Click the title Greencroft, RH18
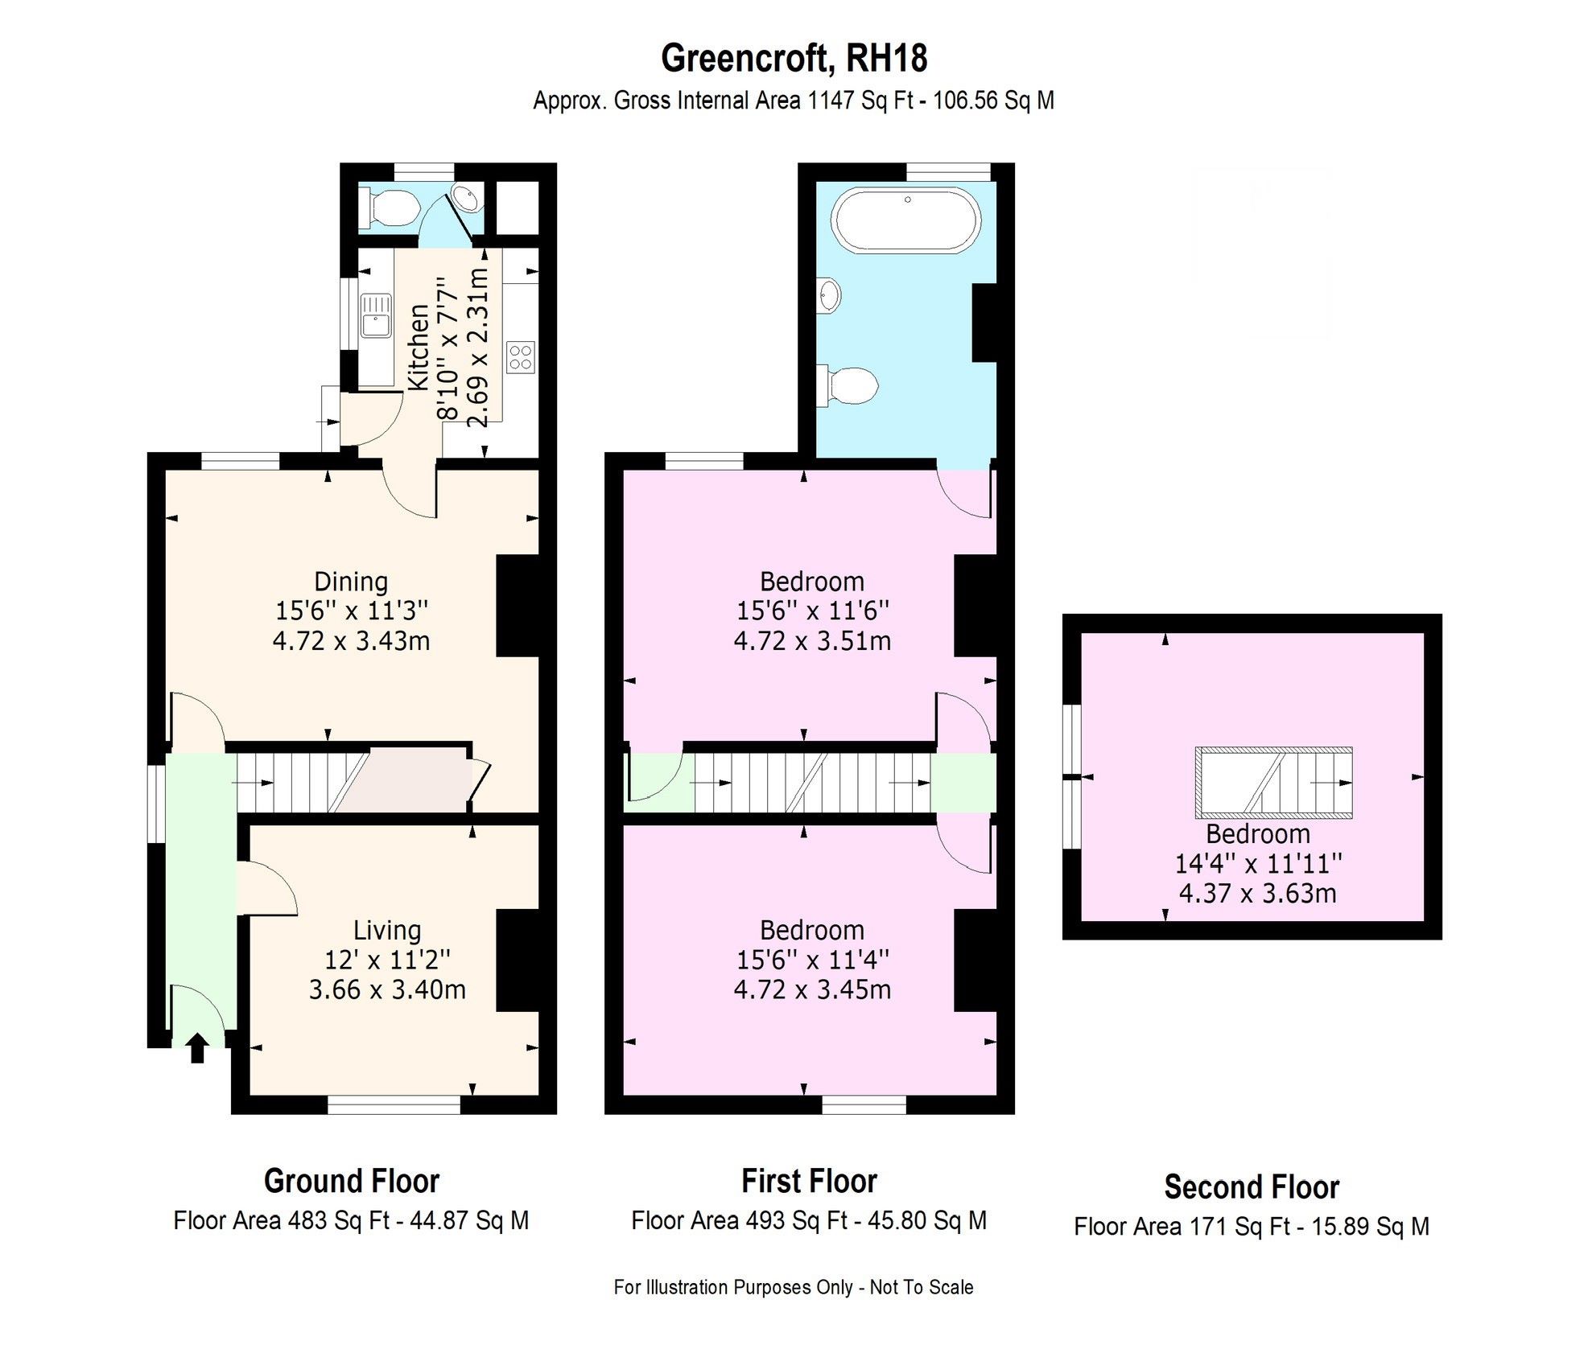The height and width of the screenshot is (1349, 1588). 794,58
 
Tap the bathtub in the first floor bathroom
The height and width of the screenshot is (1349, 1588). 907,220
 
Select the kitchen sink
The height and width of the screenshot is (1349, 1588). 375,315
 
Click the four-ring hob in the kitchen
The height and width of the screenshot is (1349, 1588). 521,356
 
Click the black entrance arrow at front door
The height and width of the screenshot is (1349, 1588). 197,1048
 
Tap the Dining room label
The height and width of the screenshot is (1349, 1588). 351,581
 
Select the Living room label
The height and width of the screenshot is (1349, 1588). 387,930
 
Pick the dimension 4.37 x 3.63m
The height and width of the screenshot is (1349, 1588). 1257,893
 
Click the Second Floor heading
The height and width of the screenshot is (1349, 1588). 1252,1187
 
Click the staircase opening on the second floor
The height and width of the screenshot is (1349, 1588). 1273,780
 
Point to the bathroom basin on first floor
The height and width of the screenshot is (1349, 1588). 830,295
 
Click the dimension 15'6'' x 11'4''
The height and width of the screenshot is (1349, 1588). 812,960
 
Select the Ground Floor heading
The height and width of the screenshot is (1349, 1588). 351,1181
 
